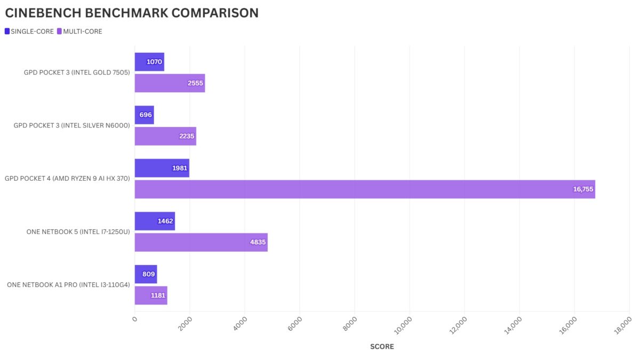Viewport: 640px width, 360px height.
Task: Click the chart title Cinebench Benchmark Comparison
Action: click(132, 13)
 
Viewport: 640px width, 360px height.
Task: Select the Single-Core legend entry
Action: click(29, 31)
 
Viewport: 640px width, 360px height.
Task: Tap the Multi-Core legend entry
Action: click(79, 31)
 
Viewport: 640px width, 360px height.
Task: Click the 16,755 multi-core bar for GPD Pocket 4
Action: click(364, 189)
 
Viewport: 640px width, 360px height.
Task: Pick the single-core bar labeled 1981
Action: click(162, 168)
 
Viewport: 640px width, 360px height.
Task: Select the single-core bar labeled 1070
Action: click(149, 62)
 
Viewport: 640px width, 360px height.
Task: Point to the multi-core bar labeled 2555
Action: click(170, 83)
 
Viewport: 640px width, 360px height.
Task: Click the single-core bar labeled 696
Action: click(144, 115)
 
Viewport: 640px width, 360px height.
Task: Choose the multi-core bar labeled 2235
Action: click(165, 136)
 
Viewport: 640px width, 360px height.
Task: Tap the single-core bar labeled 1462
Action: click(155, 221)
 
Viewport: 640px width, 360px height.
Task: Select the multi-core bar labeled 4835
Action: click(201, 242)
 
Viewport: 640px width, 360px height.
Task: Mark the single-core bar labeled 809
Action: click(146, 274)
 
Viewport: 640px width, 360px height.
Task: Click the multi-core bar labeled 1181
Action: click(151, 295)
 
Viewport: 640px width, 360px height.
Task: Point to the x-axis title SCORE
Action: click(382, 347)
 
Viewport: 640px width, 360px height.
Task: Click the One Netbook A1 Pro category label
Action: click(68, 285)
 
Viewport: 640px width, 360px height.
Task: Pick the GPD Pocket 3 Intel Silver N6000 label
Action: click(71, 126)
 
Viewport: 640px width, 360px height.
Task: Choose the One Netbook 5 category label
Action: click(78, 232)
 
